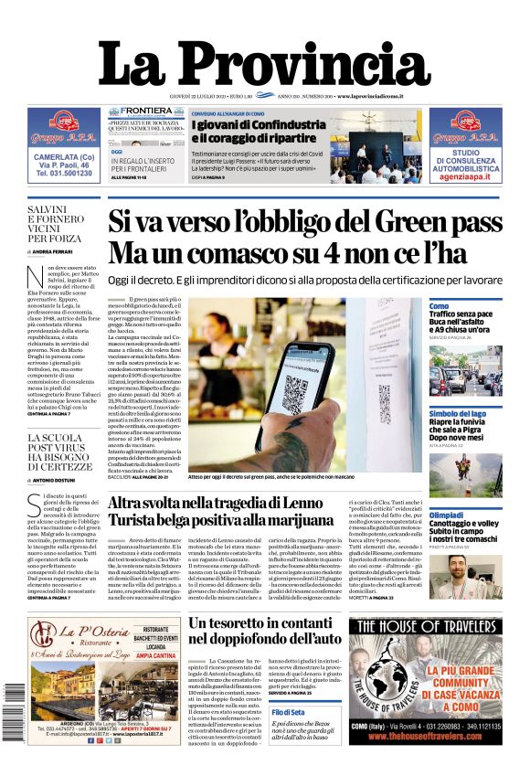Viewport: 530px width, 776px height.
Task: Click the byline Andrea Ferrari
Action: (56, 251)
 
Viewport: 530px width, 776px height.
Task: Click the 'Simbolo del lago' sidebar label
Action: (459, 413)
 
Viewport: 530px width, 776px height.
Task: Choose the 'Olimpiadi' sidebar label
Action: (446, 516)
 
